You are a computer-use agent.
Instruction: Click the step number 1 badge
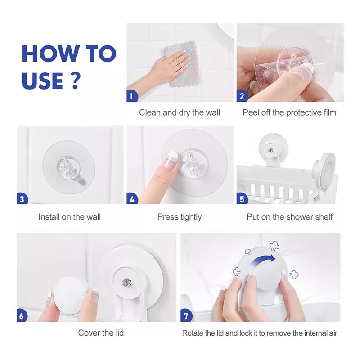(x=132, y=96)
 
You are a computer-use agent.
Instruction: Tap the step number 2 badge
(x=242, y=96)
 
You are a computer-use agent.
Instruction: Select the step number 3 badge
(x=22, y=198)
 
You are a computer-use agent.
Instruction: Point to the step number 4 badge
(x=132, y=198)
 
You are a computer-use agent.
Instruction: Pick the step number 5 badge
(x=242, y=198)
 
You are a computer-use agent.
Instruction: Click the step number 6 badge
(x=22, y=316)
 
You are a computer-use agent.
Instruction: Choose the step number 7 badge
(x=186, y=316)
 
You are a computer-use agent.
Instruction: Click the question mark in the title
(x=75, y=81)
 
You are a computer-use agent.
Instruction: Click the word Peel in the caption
(x=250, y=112)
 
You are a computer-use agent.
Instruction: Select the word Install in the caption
(x=49, y=217)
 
